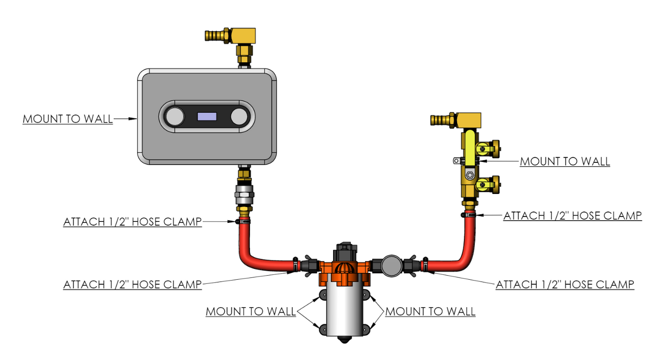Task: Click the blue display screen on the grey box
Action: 206,117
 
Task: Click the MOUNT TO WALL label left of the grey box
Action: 67,119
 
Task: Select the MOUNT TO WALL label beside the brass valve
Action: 565,161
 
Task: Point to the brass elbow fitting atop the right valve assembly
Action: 470,121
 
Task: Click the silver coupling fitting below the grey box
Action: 244,196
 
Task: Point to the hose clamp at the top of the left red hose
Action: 243,222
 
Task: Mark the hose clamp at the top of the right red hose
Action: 468,215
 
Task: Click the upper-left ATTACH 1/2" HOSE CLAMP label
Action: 132,222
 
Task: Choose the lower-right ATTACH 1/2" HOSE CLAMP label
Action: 565,284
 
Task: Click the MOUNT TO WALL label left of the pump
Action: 250,311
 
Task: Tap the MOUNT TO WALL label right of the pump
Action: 430,311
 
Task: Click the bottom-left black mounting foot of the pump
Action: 323,329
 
